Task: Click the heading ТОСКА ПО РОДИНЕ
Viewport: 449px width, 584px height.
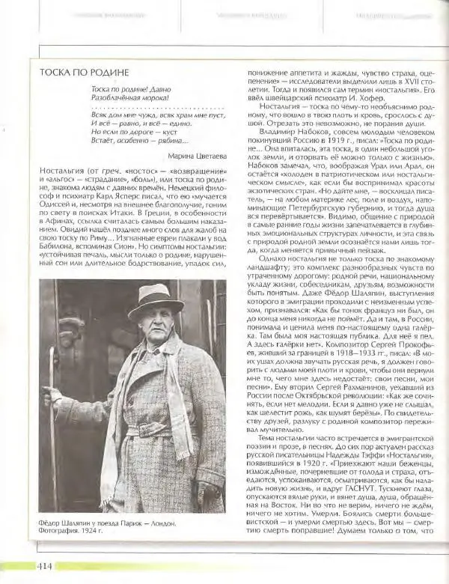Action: click(x=85, y=72)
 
